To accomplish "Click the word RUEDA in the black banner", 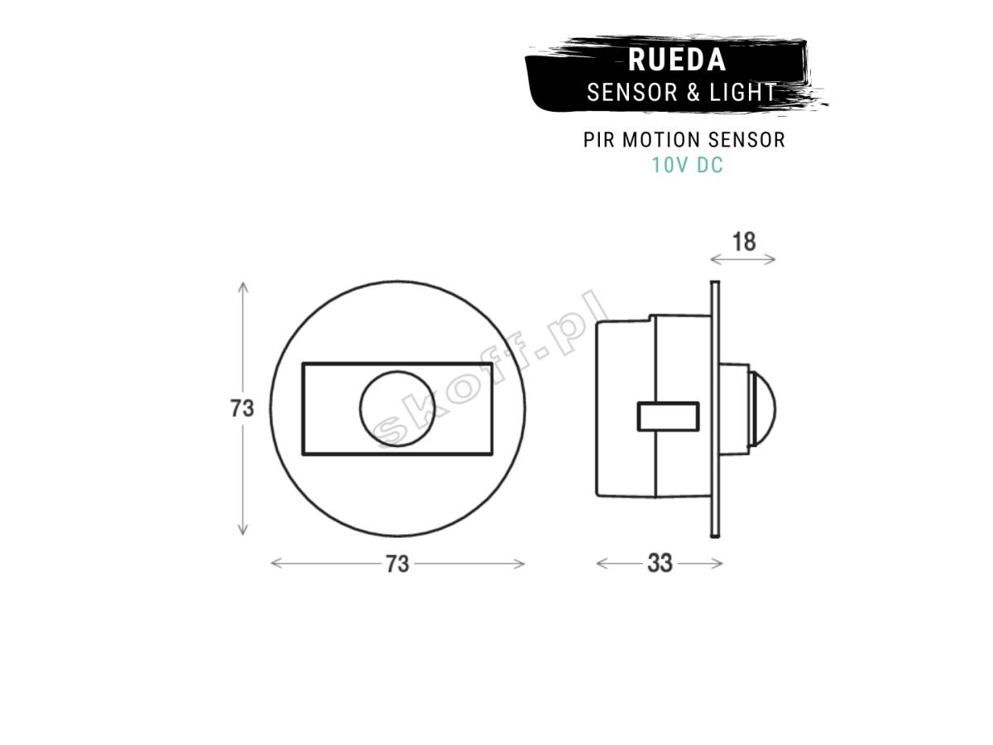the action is click(x=677, y=60).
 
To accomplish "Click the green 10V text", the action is click(x=669, y=165).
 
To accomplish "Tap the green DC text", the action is click(x=709, y=165).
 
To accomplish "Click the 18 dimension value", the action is click(x=744, y=242).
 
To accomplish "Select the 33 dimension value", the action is click(x=660, y=563).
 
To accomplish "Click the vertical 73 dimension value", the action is click(x=242, y=408).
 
